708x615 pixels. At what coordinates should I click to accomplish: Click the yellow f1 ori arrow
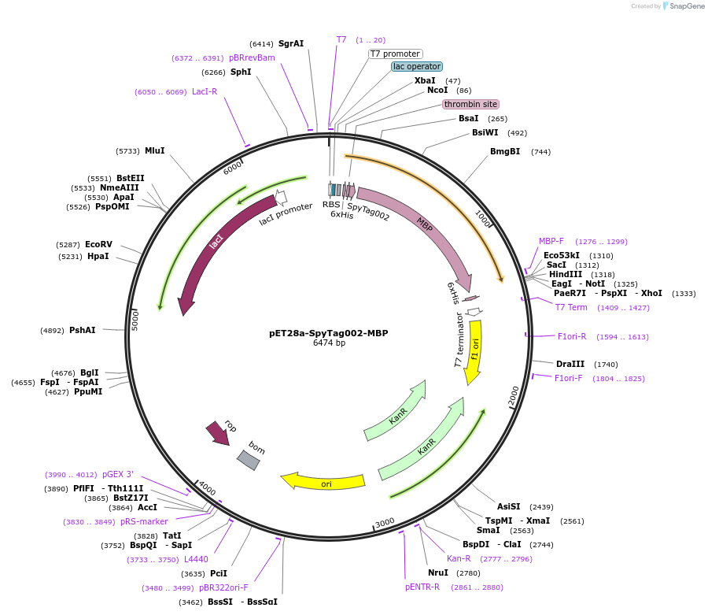pos(474,354)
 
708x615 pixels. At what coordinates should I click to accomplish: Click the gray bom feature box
pos(248,460)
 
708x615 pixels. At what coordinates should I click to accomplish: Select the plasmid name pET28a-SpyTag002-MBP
pos(329,333)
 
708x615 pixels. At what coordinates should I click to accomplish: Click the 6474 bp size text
pos(329,343)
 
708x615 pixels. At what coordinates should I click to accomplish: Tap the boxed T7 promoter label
pos(396,54)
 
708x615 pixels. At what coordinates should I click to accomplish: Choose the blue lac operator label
pos(417,66)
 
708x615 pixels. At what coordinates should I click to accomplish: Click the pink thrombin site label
pos(470,104)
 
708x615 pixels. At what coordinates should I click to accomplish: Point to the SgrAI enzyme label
pos(291,44)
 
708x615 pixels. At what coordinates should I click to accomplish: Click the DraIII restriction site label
pos(570,364)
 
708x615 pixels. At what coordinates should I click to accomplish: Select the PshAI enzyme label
pos(83,330)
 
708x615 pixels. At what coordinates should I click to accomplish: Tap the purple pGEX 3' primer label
pos(118,474)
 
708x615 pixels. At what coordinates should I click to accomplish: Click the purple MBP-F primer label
pos(551,241)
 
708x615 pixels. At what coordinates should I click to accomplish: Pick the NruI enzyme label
pos(438,572)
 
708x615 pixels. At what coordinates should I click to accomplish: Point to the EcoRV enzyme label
pos(99,244)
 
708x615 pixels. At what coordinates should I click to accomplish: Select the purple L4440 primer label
pos(196,559)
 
